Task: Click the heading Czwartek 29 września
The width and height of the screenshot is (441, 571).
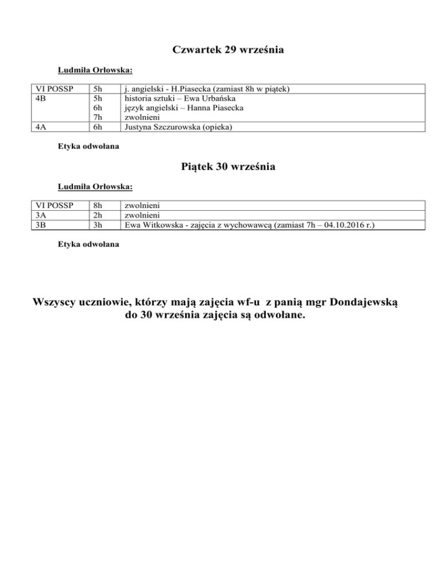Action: point(229,51)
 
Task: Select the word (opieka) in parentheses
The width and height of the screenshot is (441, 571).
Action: point(216,127)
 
